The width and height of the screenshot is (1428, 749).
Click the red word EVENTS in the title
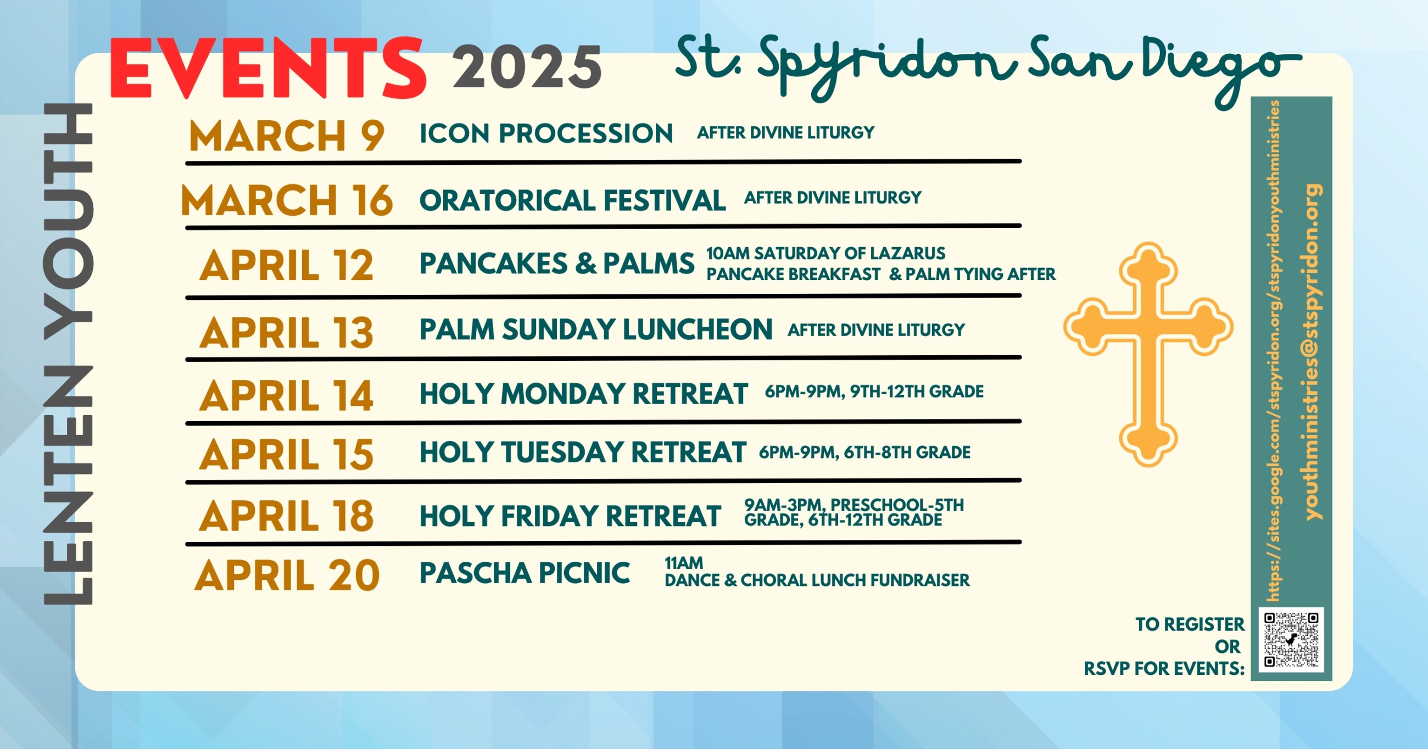[269, 68]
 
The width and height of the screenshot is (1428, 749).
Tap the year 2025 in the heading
[527, 67]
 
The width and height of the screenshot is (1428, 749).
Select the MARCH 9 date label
[287, 136]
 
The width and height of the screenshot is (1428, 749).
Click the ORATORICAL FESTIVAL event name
[573, 200]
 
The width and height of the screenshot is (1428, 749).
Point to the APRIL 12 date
[287, 266]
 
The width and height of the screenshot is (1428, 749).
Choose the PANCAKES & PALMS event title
[557, 264]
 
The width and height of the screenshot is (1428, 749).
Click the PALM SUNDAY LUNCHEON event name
[596, 329]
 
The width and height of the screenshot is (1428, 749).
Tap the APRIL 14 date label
[287, 396]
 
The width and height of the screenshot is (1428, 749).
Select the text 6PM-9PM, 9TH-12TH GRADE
[874, 392]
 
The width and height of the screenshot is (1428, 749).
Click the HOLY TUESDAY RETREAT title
[583, 452]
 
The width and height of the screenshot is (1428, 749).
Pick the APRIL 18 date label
[287, 516]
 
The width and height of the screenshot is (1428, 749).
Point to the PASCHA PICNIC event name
[525, 573]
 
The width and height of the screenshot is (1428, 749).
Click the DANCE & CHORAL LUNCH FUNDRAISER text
[817, 580]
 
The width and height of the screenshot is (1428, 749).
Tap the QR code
[1292, 640]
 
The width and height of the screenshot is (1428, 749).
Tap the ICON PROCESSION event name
[546, 133]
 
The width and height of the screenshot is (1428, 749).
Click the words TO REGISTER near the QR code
[1190, 624]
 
